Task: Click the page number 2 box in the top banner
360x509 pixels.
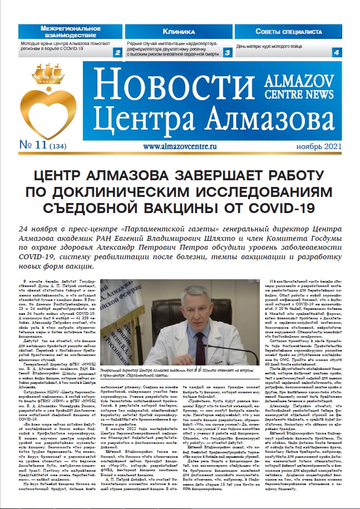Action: tap(117, 53)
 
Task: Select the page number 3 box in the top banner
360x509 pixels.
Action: tap(228, 53)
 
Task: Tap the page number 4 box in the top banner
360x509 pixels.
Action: tap(336, 53)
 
